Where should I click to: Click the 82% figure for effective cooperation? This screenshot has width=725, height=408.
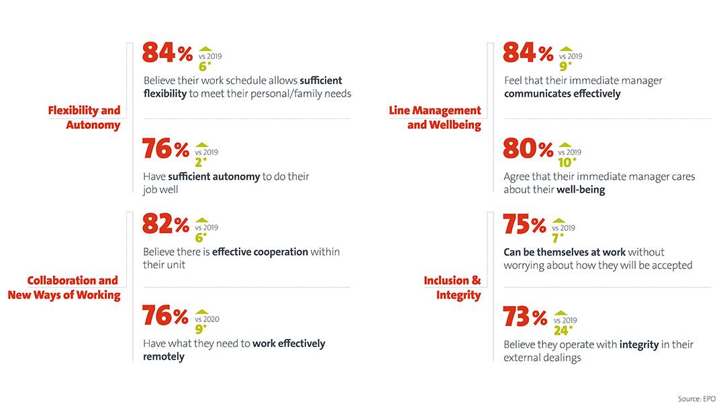pyautogui.click(x=166, y=225)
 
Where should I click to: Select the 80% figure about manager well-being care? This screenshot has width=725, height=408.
pyautogui.click(x=527, y=150)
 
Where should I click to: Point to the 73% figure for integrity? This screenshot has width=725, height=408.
pyautogui.click(x=526, y=317)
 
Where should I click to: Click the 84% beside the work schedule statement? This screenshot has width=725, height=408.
pyautogui.click(x=167, y=54)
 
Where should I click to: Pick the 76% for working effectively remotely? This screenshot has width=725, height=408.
pyautogui.click(x=166, y=317)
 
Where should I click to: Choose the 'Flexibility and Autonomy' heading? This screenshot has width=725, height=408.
pyautogui.click(x=84, y=117)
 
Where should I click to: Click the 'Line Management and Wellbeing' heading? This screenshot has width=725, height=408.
pyautogui.click(x=435, y=117)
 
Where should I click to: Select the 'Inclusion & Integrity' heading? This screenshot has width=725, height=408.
pyautogui.click(x=452, y=287)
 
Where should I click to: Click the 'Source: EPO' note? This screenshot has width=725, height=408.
pyautogui.click(x=696, y=399)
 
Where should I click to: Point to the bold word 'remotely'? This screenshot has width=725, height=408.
pyautogui.click(x=164, y=356)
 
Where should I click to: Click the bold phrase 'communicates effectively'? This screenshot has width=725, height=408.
pyautogui.click(x=562, y=94)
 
